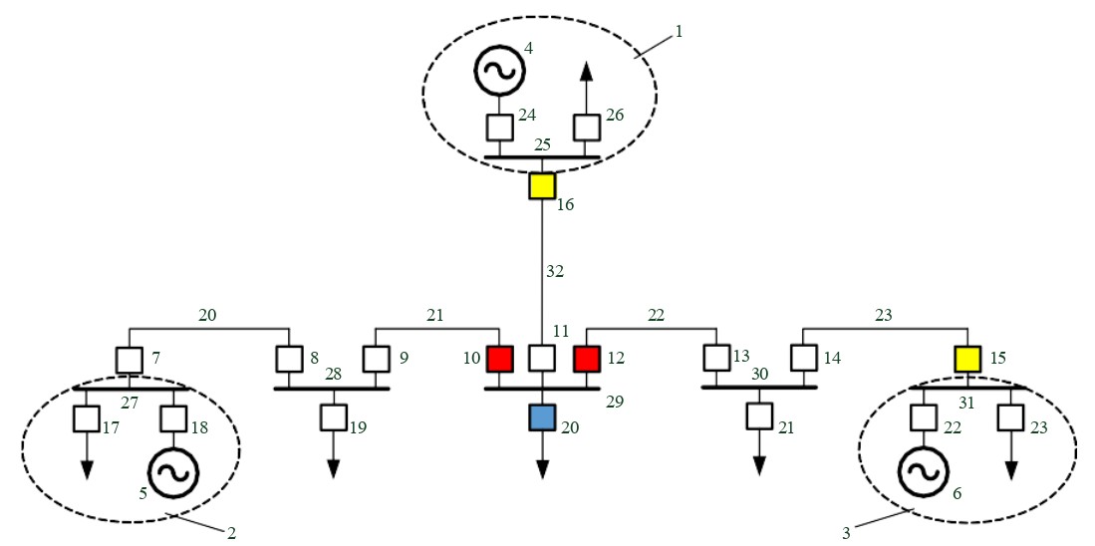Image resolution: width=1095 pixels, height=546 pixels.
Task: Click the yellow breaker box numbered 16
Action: (541, 185)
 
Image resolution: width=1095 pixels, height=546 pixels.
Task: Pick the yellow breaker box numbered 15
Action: (967, 358)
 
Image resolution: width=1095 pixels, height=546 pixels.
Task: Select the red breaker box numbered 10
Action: (498, 358)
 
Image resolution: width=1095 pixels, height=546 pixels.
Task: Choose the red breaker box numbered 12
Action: (586, 358)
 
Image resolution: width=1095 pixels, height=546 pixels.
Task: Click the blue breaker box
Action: (542, 416)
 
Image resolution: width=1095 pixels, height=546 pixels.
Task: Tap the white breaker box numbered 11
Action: (542, 358)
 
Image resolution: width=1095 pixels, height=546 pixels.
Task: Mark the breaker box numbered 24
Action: (498, 128)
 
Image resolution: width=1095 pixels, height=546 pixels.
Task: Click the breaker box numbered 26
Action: (586, 128)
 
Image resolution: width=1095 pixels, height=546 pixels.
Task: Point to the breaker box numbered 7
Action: (129, 358)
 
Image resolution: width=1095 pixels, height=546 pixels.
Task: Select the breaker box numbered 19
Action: (333, 416)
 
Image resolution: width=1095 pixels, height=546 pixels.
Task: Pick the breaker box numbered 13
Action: (716, 358)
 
